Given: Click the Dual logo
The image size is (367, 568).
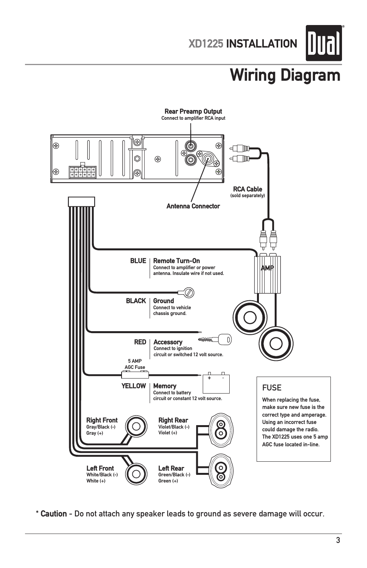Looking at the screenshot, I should [x=324, y=43].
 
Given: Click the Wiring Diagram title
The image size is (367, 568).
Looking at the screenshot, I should [x=285, y=75].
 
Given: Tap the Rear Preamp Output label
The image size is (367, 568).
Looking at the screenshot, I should [x=193, y=111].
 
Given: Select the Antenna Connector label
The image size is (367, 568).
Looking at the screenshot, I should [x=193, y=206].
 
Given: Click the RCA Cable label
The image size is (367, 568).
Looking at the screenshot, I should [x=247, y=189].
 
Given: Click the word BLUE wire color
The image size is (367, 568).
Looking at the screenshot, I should [x=138, y=261].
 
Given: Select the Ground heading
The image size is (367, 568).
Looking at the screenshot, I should [x=163, y=301].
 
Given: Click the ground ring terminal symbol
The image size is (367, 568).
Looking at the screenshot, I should [x=188, y=293].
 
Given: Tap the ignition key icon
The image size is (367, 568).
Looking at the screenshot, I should [x=215, y=339].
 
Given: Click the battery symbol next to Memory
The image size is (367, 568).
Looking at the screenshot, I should [x=216, y=383].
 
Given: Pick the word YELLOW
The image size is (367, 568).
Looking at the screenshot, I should [x=133, y=386].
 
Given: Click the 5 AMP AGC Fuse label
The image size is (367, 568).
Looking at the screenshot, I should [x=135, y=364].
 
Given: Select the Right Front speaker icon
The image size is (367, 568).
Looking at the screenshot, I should [x=136, y=426].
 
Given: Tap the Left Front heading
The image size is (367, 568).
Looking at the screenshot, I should [x=100, y=468].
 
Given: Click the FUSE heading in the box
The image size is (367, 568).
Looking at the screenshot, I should [x=272, y=388].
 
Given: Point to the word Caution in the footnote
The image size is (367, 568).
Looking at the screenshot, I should [x=53, y=514].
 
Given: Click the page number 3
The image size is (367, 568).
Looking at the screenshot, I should [x=338, y=540].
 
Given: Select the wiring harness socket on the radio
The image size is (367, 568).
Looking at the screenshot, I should [x=82, y=172].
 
